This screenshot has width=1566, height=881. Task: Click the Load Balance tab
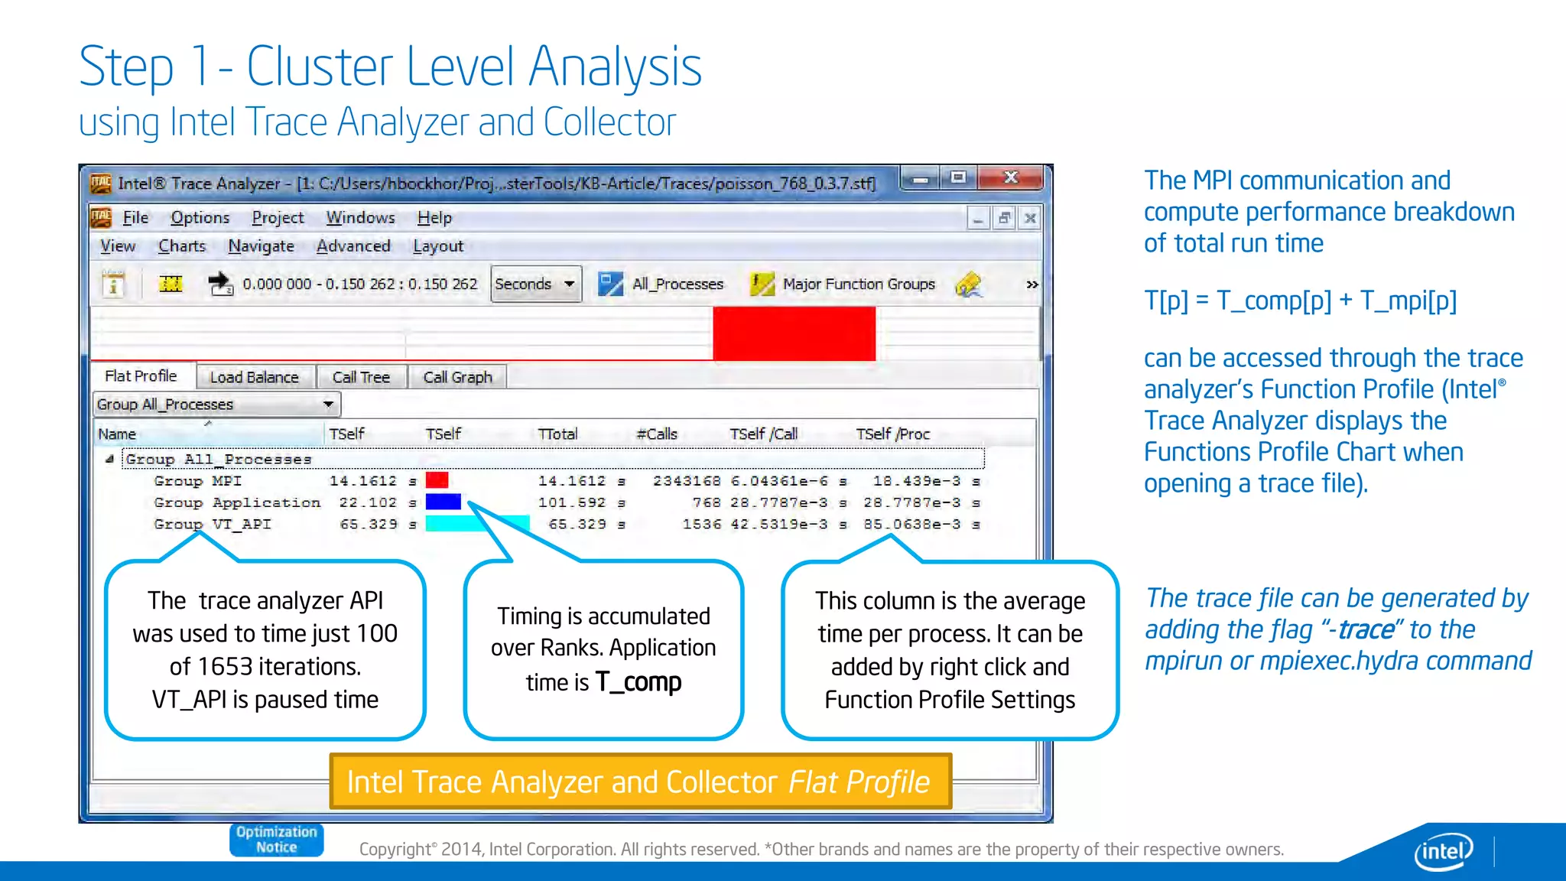(254, 377)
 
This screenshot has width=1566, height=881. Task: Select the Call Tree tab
(361, 377)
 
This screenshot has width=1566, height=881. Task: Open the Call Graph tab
(457, 377)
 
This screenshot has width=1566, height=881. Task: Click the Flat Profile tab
(141, 375)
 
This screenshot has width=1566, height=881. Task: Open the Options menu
(200, 218)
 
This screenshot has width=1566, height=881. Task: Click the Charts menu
(182, 246)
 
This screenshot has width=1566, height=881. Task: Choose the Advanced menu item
(353, 246)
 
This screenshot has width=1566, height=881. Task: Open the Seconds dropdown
(535, 284)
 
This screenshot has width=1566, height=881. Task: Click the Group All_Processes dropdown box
(216, 404)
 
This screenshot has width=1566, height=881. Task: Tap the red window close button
(1010, 178)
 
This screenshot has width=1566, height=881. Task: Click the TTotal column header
(557, 434)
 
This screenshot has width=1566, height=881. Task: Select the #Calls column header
(657, 434)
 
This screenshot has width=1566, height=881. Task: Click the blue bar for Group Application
(443, 502)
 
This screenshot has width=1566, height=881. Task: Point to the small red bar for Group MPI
(437, 481)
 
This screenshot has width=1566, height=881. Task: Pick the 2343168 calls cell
(687, 481)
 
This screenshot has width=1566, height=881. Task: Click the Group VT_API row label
(213, 525)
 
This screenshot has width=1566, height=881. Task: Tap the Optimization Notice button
(276, 840)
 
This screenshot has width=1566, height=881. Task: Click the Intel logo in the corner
(1443, 850)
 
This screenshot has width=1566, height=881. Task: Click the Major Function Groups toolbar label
(858, 284)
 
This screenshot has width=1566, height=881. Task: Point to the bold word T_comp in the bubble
(638, 681)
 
